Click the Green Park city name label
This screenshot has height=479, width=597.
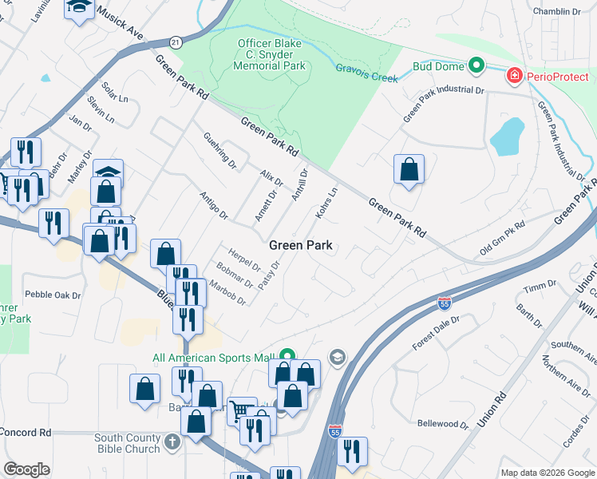point(300,245)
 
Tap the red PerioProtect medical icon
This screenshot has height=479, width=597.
point(515,76)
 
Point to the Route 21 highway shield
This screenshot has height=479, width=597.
point(175,41)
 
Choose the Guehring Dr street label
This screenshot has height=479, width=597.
point(220,150)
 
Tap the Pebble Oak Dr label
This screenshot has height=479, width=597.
point(53,295)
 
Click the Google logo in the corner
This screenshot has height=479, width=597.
point(26,469)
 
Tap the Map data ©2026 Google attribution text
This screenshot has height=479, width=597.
point(547,473)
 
